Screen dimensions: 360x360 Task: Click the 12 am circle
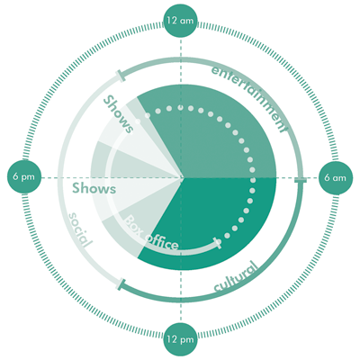180,21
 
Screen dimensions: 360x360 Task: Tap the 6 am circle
335,178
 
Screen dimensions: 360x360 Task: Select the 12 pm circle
180,339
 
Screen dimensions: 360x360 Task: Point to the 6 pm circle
23,177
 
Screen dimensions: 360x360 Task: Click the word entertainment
249,98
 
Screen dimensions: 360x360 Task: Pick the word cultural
237,277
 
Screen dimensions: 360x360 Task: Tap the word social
79,229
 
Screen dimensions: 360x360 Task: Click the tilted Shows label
118,114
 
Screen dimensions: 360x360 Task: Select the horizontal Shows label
94,189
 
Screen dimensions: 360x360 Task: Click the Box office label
151,233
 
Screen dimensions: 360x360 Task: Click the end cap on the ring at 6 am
301,180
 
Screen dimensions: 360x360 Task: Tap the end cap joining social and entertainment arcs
120,76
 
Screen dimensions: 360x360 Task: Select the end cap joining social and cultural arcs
121,284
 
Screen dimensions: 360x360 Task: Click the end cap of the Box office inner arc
217,243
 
